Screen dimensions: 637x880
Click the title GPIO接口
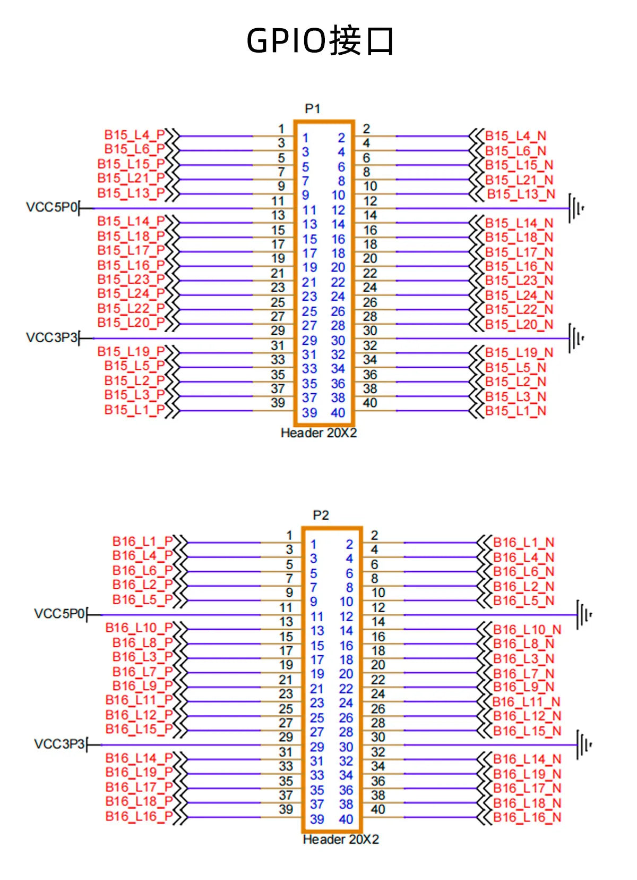[x=320, y=40]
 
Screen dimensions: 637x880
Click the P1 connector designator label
[x=313, y=108]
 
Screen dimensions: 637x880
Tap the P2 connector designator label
[x=321, y=515]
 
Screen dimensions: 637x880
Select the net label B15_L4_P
[x=135, y=135]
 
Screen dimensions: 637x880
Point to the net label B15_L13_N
[x=521, y=194]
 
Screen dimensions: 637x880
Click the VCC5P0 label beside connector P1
[x=51, y=207]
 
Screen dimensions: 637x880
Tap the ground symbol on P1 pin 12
[x=576, y=208]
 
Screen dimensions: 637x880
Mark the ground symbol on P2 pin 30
[x=584, y=745]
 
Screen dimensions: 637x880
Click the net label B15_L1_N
[x=516, y=411]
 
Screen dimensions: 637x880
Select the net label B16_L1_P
[x=143, y=541]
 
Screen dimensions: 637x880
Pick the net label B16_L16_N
[x=527, y=817]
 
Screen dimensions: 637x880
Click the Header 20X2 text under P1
[x=318, y=433]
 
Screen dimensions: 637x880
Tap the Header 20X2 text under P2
[x=341, y=840]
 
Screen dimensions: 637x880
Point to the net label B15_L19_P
[x=131, y=352]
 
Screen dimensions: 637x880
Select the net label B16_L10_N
[x=527, y=630]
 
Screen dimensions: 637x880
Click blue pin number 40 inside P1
[x=338, y=413]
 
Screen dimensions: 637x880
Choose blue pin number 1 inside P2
[x=313, y=545]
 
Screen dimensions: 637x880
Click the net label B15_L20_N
[x=519, y=325]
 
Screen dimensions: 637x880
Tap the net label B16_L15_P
[x=139, y=729]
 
